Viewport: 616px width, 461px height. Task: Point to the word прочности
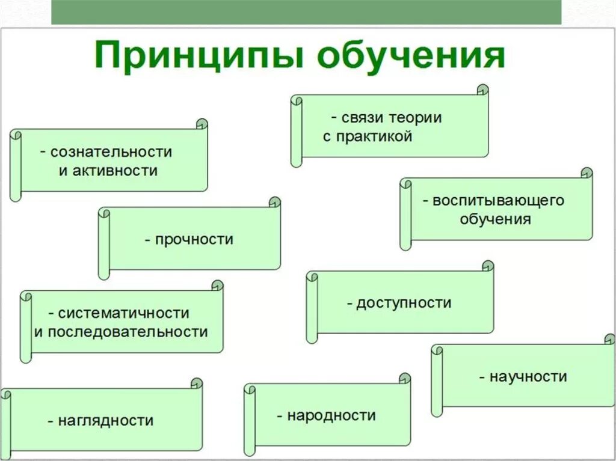coord(194,240)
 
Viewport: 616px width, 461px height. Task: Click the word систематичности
coord(124,314)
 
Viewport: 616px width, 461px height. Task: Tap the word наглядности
coord(106,421)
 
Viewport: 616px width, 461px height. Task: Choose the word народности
coord(331,415)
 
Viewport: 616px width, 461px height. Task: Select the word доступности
coord(404,303)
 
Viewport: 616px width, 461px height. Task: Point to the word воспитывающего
coord(499,201)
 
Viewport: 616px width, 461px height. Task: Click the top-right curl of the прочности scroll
coord(274,203)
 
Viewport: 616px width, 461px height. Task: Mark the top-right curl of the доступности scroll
coord(488,266)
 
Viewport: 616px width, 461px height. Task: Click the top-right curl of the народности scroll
coord(405,379)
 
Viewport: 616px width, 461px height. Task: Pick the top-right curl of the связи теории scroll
coord(482,90)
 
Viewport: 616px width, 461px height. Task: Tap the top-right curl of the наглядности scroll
coord(196,383)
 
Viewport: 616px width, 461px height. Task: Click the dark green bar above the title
coord(306,12)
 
